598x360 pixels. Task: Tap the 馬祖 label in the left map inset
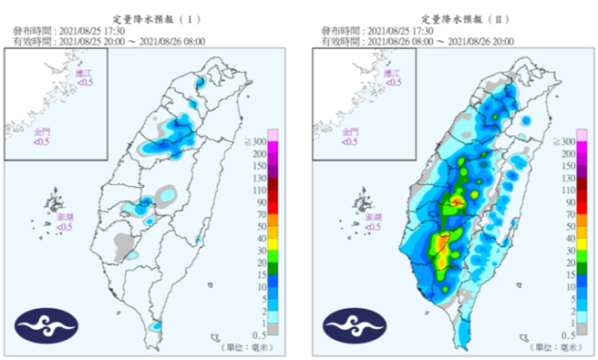(84, 76)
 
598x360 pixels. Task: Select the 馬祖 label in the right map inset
(392, 76)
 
